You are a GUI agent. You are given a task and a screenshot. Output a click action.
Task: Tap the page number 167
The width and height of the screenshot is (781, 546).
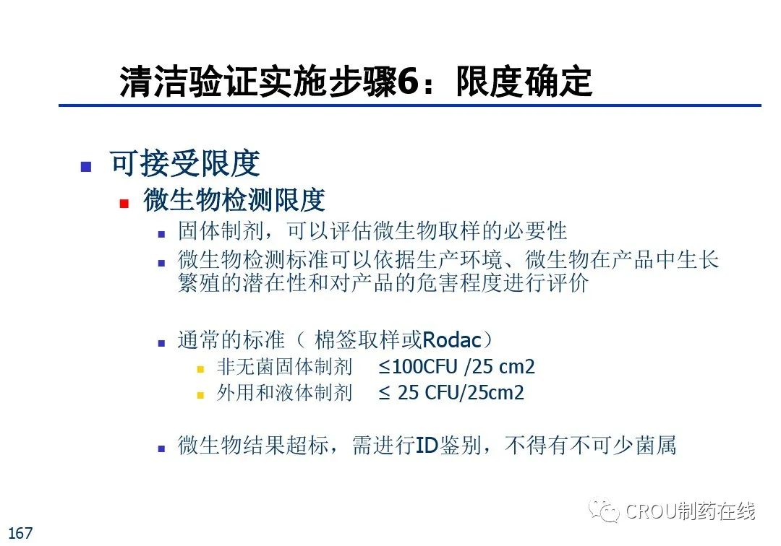tap(20, 533)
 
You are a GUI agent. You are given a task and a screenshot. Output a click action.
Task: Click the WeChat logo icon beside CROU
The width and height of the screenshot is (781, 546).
tap(603, 511)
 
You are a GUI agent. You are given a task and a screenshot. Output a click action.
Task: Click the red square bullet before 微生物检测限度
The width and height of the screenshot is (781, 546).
tap(124, 203)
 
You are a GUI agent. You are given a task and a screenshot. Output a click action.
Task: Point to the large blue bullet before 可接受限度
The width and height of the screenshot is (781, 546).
tap(85, 167)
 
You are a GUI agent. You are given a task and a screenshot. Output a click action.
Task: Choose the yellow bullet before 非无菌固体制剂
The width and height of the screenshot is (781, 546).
tap(200, 369)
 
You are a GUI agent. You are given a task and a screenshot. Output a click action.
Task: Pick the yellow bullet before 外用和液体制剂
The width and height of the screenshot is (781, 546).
tap(200, 395)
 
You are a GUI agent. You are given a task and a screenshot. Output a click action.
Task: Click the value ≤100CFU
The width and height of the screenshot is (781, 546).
tap(417, 367)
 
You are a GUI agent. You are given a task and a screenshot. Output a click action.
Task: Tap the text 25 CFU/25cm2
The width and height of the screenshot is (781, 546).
tap(461, 393)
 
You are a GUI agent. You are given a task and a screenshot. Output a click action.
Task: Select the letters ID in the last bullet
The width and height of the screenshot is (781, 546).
tap(427, 445)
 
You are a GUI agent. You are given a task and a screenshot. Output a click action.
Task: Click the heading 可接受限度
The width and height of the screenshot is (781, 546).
tap(184, 163)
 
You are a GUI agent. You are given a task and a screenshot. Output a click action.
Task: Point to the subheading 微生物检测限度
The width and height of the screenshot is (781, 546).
tap(234, 200)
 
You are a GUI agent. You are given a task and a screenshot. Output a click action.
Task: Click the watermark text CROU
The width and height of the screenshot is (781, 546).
tap(650, 511)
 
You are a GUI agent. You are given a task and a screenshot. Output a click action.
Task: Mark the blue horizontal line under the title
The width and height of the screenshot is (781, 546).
tap(409, 105)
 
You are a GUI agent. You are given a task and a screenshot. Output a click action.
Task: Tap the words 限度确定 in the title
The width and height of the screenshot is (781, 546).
tap(524, 82)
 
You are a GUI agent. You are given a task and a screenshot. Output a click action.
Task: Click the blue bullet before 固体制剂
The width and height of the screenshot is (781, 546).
tap(161, 234)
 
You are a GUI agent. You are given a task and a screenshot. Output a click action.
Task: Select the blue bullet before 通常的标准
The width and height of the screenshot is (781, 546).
tap(161, 342)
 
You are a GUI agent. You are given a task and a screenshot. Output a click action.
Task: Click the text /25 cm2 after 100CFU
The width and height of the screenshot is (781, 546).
tap(499, 367)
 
